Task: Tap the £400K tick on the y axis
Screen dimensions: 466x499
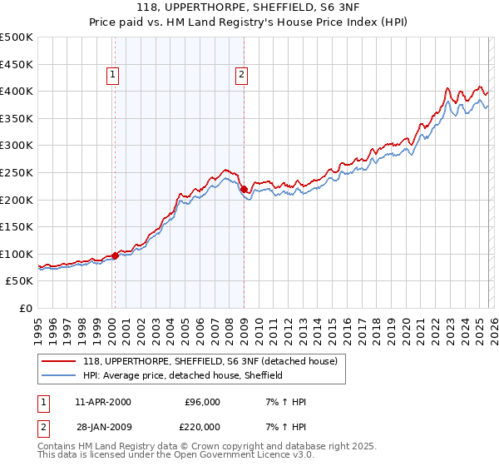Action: [x=17, y=92]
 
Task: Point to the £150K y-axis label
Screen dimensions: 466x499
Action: [x=17, y=226]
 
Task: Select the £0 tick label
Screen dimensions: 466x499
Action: [x=25, y=308]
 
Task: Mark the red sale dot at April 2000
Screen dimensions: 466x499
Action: [x=116, y=255]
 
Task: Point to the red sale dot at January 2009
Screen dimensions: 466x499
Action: [x=244, y=190]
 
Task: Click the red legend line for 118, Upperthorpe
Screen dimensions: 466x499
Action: [x=58, y=362]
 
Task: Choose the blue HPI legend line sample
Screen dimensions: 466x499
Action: [x=58, y=375]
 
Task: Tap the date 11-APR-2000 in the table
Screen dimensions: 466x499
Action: [x=103, y=402]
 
